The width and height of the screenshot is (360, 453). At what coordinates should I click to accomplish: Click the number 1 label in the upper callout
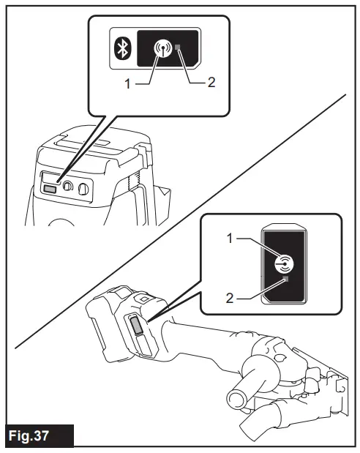coord(128,84)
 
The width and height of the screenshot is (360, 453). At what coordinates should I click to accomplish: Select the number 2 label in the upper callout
coord(211,84)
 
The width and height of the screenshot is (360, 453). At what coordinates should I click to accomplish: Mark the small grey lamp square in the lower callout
coord(287,280)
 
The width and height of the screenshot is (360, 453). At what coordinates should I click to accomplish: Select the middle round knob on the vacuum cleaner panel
coord(68,187)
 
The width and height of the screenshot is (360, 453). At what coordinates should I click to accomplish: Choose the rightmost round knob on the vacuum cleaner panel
coord(84,190)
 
